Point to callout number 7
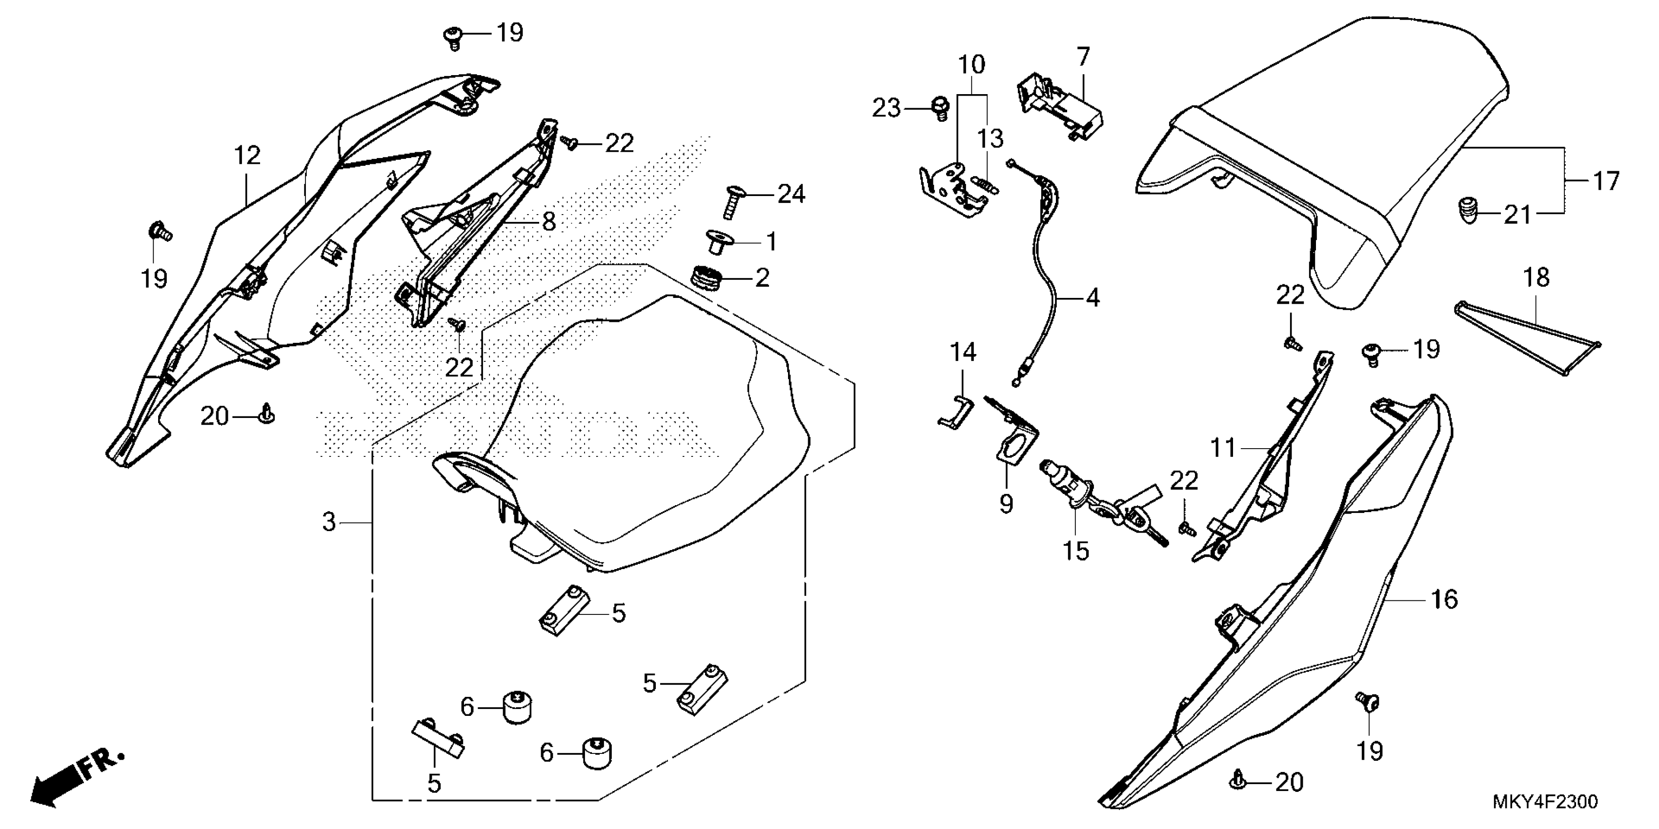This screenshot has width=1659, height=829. [x=1083, y=57]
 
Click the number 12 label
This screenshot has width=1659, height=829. [x=247, y=155]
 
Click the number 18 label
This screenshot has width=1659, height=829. [x=1537, y=277]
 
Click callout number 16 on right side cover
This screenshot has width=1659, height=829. [x=1443, y=599]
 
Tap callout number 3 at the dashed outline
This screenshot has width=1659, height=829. [x=329, y=522]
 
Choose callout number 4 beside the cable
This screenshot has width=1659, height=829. [x=1093, y=297]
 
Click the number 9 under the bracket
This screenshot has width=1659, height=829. [x=1006, y=504]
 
